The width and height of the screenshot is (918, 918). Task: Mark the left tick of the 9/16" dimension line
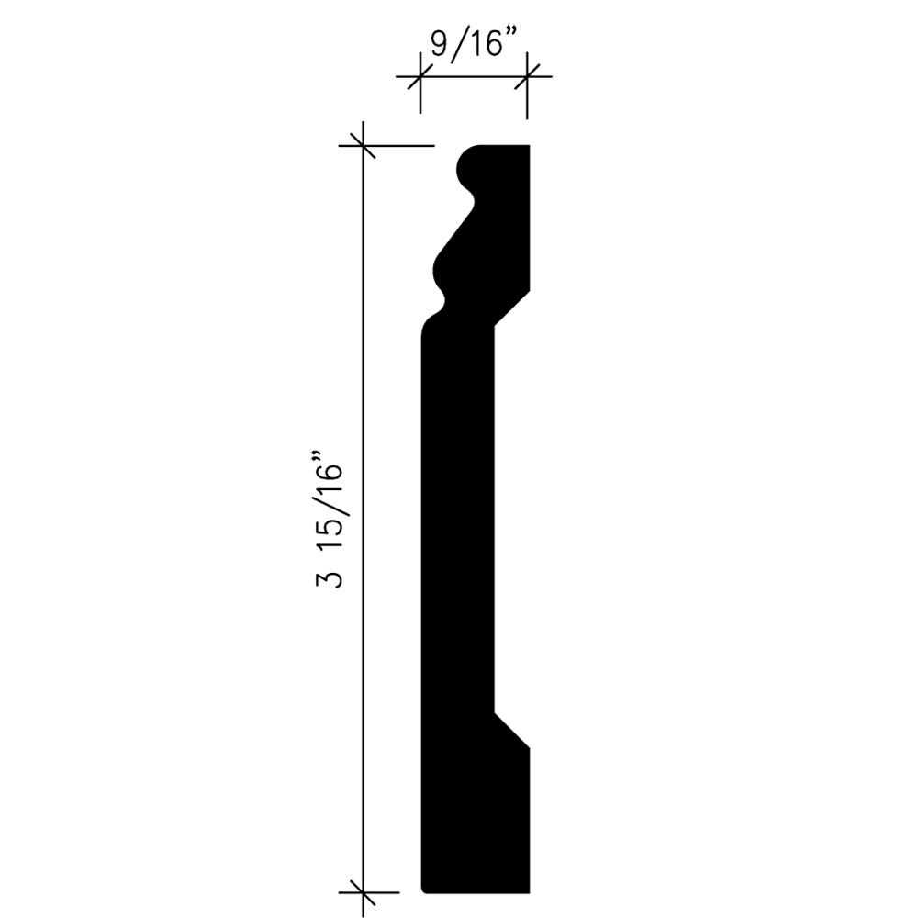420,77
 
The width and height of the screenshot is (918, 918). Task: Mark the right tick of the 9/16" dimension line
527,77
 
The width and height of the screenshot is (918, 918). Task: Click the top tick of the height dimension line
364,145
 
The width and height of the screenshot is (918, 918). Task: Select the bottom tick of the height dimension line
364,890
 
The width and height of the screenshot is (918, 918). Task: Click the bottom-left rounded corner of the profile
424,887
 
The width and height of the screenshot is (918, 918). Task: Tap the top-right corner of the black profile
530,146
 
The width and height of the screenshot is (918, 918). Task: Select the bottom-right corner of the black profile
530,890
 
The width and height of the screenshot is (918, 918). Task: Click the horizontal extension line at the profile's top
399,145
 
